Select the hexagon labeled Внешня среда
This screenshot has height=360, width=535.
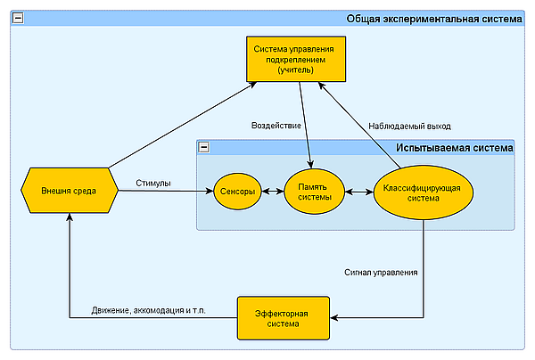click(68, 191)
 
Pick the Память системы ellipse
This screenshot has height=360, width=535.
click(313, 192)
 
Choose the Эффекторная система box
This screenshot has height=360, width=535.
click(283, 318)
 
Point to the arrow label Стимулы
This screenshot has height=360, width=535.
click(153, 184)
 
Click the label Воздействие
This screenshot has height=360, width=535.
click(276, 126)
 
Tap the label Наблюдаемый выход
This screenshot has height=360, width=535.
click(410, 126)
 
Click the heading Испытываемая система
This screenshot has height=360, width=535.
click(455, 147)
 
